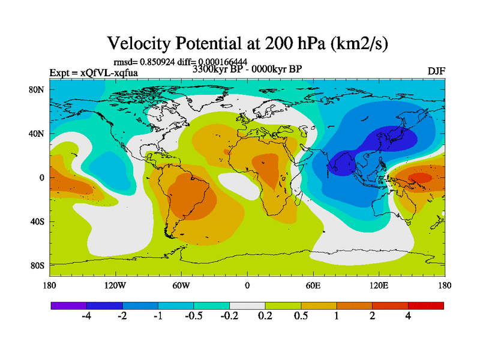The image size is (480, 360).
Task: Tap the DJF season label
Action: [436, 71]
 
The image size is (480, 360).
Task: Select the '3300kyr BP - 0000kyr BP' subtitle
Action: [247, 69]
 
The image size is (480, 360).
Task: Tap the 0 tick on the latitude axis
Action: [42, 178]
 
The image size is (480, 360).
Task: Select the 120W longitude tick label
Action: [115, 286]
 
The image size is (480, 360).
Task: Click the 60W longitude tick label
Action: [181, 286]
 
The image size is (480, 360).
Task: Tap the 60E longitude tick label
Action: [313, 286]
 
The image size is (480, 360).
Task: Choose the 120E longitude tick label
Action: [379, 286]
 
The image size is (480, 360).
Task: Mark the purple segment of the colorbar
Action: [69, 305]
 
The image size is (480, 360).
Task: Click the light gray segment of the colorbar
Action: [247, 305]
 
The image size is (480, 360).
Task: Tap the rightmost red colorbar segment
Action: [426, 305]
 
